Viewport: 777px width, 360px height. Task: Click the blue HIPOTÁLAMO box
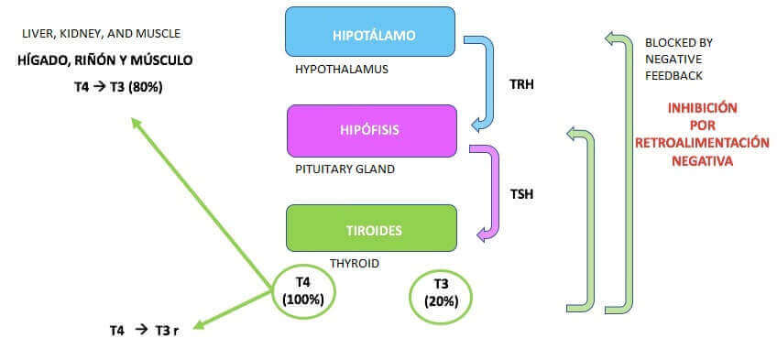(x=370, y=35)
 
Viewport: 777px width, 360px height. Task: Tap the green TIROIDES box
(x=371, y=229)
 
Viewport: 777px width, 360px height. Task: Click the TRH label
(x=521, y=85)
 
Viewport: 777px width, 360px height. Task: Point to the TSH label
(x=521, y=193)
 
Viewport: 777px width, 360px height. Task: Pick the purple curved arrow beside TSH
(x=489, y=192)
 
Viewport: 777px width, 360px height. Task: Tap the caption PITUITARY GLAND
(x=338, y=169)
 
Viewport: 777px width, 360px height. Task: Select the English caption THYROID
(x=355, y=263)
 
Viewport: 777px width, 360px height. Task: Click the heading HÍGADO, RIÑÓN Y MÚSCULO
(x=105, y=60)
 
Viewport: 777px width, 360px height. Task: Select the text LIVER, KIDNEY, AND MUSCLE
(x=101, y=34)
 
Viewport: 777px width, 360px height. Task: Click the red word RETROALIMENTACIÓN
(x=702, y=142)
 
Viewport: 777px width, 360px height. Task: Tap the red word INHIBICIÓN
(x=702, y=107)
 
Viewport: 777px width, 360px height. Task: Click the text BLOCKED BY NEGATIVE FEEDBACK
(x=679, y=59)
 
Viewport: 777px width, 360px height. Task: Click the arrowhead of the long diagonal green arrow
(x=137, y=124)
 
